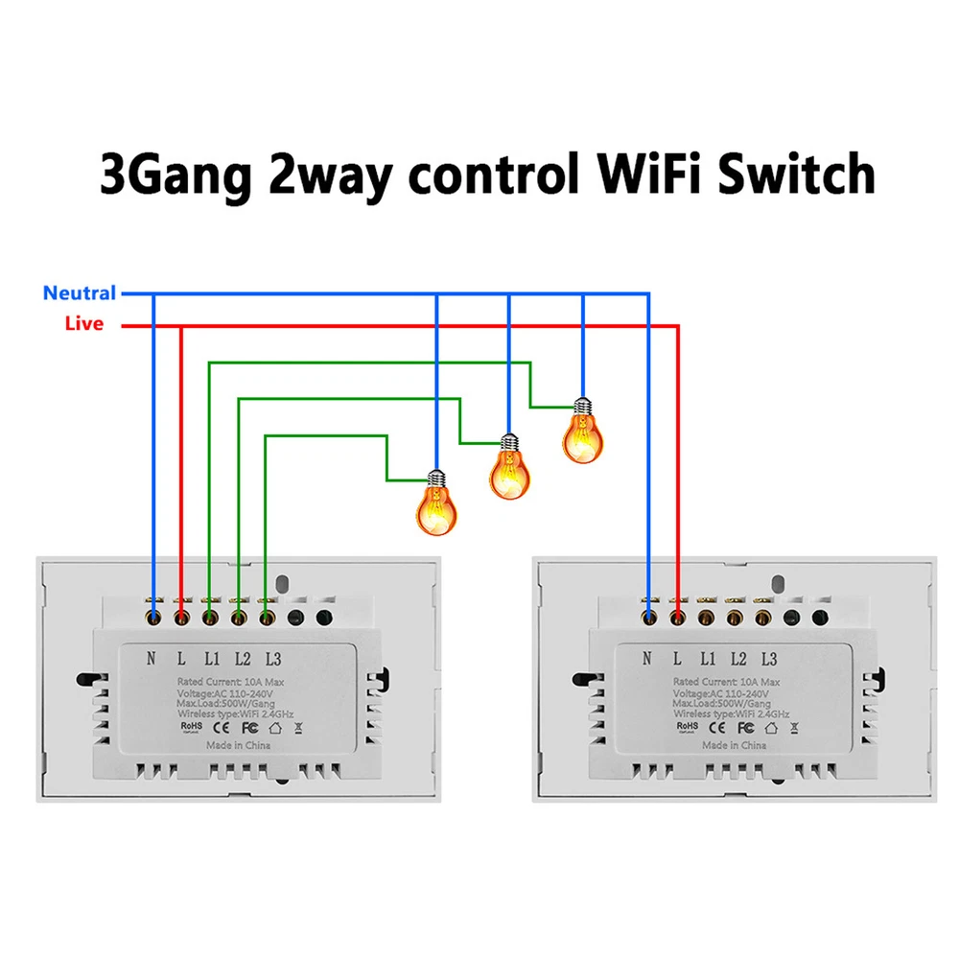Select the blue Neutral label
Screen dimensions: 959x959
tap(80, 293)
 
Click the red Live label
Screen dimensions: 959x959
tap(84, 324)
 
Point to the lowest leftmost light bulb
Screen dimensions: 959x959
tap(435, 504)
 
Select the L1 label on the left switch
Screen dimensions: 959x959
tap(211, 658)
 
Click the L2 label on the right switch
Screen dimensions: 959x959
tap(738, 658)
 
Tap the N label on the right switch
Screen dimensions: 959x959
tap(648, 658)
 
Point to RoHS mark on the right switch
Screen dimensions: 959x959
tap(688, 728)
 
